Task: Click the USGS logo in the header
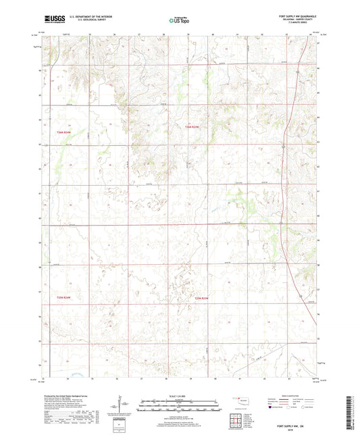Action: [x=56, y=20]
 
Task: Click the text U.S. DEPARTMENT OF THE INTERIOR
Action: [x=95, y=16]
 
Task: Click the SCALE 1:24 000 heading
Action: [x=179, y=396]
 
